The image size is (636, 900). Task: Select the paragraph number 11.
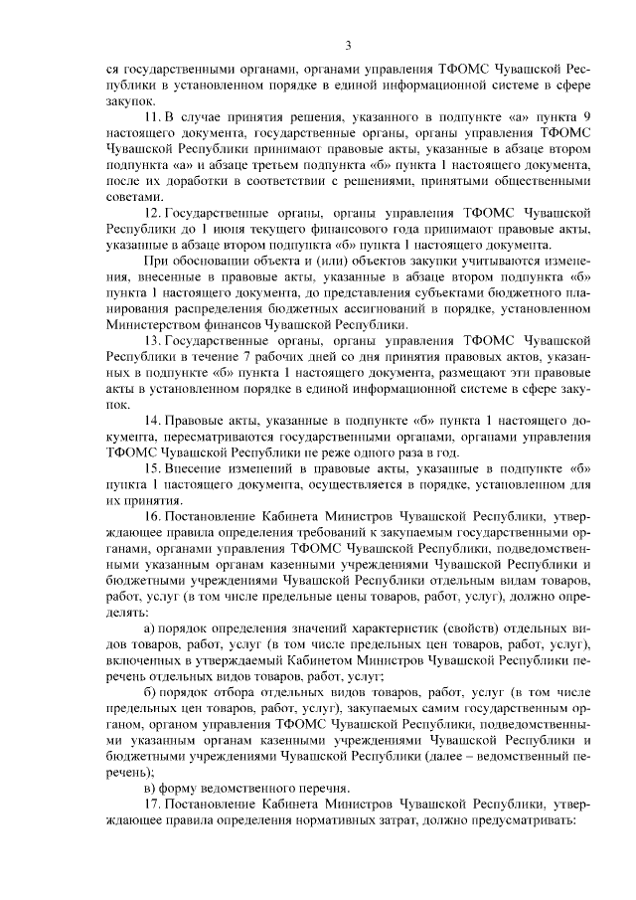coord(151,116)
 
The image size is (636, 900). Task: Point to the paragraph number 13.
coord(151,339)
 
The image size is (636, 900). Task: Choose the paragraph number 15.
coord(151,468)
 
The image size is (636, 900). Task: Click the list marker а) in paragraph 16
coord(150,629)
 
